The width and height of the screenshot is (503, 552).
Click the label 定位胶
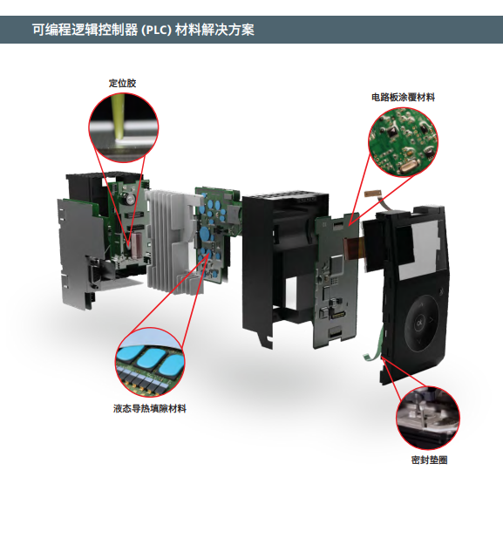click(x=122, y=84)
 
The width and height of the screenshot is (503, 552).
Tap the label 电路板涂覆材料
click(x=403, y=98)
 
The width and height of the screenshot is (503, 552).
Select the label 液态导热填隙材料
click(x=150, y=409)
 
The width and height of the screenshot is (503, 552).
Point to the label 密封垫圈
click(x=430, y=460)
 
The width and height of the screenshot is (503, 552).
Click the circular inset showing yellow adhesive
click(x=124, y=128)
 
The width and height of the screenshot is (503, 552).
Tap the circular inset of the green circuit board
click(x=404, y=142)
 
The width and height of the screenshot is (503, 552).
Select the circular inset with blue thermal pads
click(x=150, y=363)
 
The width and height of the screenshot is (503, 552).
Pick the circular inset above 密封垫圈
click(x=428, y=418)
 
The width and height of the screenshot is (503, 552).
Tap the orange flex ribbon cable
click(x=355, y=248)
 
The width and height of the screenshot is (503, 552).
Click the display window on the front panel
click(x=418, y=249)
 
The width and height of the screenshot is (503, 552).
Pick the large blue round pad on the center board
click(x=205, y=233)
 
